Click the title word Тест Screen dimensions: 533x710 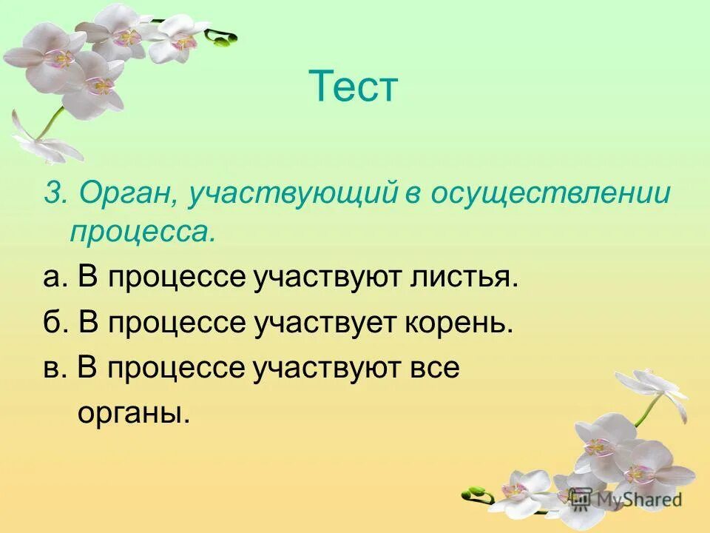[354, 87]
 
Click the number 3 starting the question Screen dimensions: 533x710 [51, 194]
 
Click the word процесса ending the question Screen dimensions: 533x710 [143, 234]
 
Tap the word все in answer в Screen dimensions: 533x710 [433, 367]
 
